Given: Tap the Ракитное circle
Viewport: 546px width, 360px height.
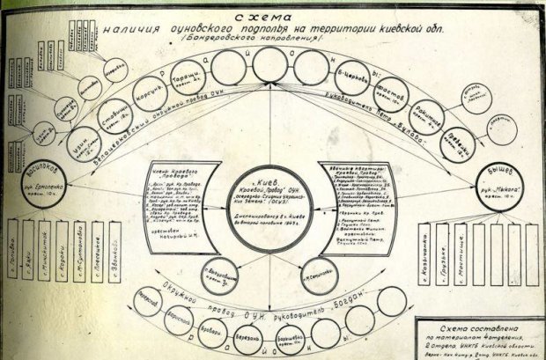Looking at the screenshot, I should pyautogui.click(x=424, y=112).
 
